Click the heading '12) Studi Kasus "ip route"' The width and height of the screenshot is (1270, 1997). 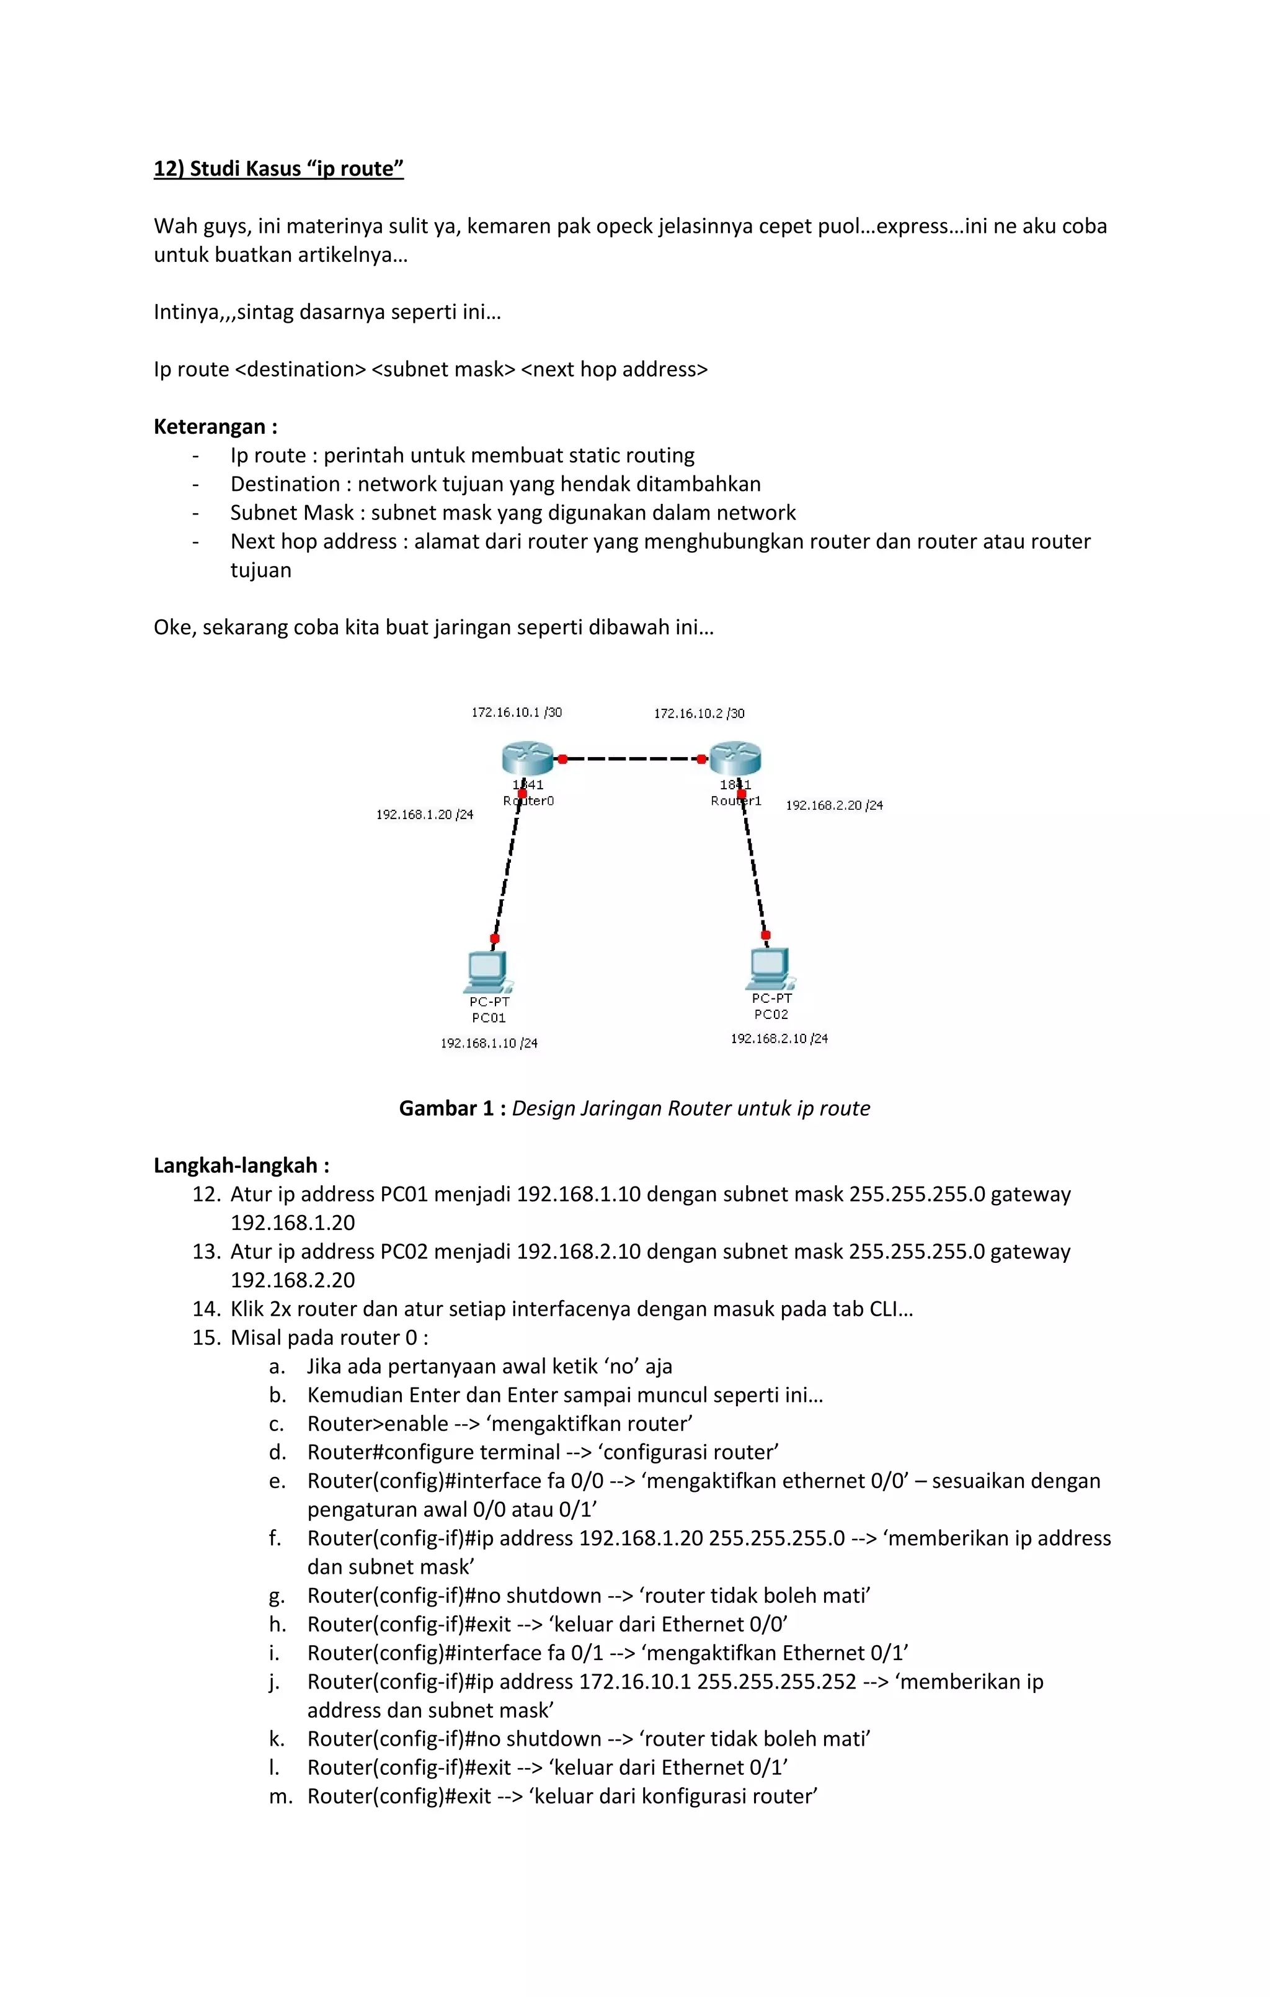(x=278, y=169)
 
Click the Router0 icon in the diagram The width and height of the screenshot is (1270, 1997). (x=527, y=758)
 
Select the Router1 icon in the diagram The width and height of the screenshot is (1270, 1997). (x=735, y=757)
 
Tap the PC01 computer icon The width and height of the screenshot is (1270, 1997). (x=487, y=971)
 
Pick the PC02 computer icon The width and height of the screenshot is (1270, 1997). (x=770, y=968)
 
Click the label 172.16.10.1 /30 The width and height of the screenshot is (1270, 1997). (x=517, y=712)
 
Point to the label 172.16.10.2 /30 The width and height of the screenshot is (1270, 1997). (x=699, y=713)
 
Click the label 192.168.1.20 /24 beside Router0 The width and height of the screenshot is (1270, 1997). (x=424, y=814)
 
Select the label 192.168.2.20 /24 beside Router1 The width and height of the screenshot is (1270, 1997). (x=834, y=806)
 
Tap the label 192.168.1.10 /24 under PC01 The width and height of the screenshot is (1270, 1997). (x=489, y=1043)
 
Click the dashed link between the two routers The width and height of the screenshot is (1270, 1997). (x=632, y=759)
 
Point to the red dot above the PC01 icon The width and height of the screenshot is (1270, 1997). (x=495, y=939)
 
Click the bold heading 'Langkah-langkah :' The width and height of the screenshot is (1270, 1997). (x=241, y=1166)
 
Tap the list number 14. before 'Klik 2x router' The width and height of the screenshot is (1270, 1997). (x=206, y=1309)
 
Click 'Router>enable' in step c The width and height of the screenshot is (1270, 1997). (x=377, y=1424)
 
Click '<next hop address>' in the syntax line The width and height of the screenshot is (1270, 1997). (x=615, y=370)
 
